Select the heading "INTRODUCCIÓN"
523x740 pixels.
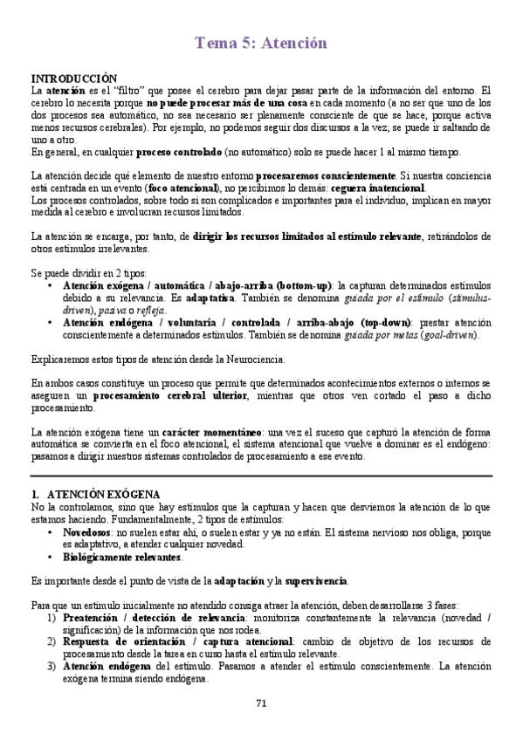(73, 78)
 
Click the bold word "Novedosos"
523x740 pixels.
(86, 531)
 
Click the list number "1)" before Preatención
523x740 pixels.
(52, 617)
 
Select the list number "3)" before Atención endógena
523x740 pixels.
(52, 667)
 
